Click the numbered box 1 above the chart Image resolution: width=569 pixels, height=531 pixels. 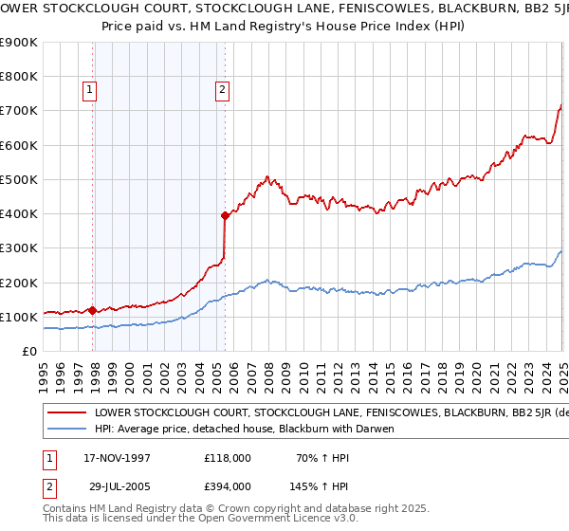88,90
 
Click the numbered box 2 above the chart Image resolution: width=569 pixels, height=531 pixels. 222,90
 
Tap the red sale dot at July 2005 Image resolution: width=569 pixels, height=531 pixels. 225,215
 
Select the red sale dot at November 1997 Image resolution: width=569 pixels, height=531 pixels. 92,310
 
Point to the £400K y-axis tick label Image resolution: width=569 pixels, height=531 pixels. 18,213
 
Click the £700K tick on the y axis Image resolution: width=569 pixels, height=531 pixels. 18,111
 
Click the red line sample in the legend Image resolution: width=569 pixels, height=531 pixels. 67,413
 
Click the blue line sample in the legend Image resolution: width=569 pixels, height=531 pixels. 67,430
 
